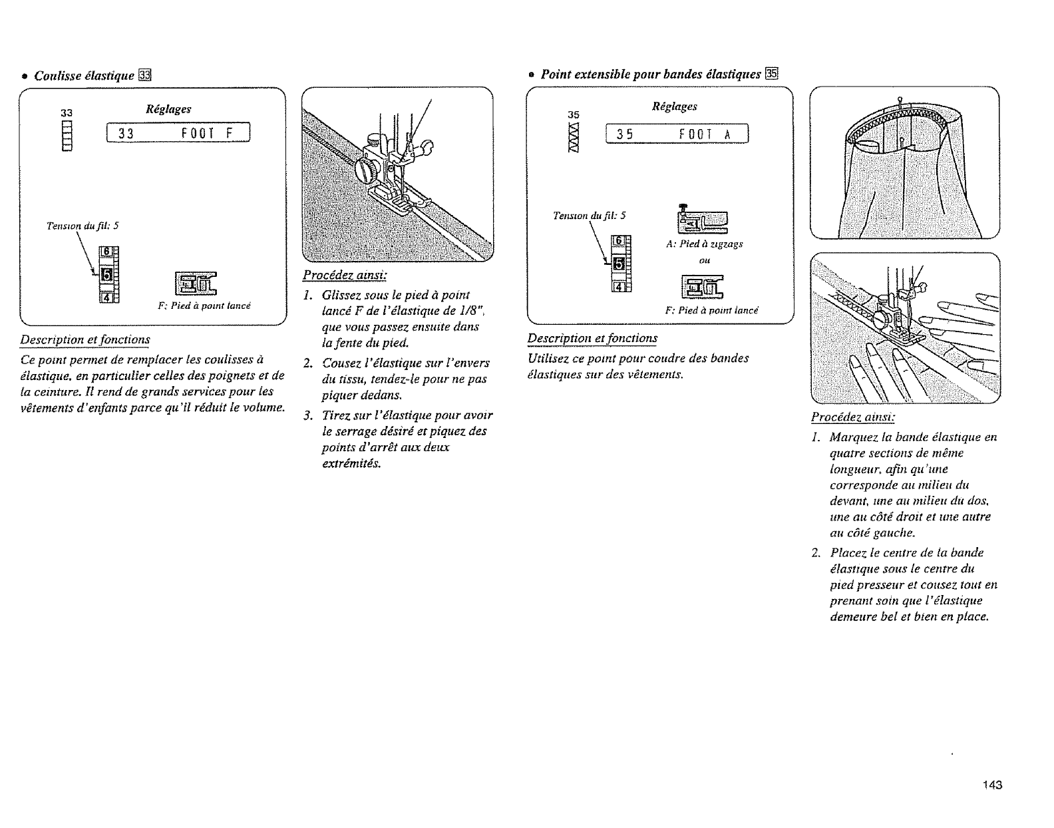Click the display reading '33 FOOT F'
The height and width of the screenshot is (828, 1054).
[x=178, y=132]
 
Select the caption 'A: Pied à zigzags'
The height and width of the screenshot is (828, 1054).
[x=704, y=244]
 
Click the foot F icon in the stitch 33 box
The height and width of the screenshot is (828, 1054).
[x=196, y=284]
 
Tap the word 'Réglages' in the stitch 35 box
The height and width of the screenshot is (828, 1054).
[x=675, y=106]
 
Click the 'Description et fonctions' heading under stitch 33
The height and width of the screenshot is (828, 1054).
[x=85, y=339]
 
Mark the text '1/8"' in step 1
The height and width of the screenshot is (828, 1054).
[x=456, y=311]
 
